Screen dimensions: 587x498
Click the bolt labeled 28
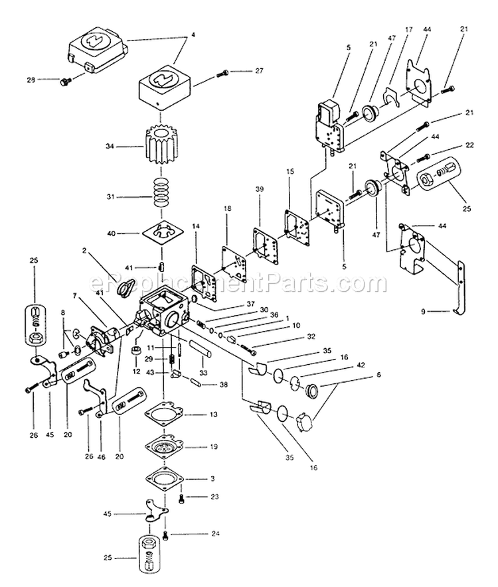pos(65,81)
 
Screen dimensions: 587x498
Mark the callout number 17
pos(408,29)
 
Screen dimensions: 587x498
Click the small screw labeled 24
pos(166,535)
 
